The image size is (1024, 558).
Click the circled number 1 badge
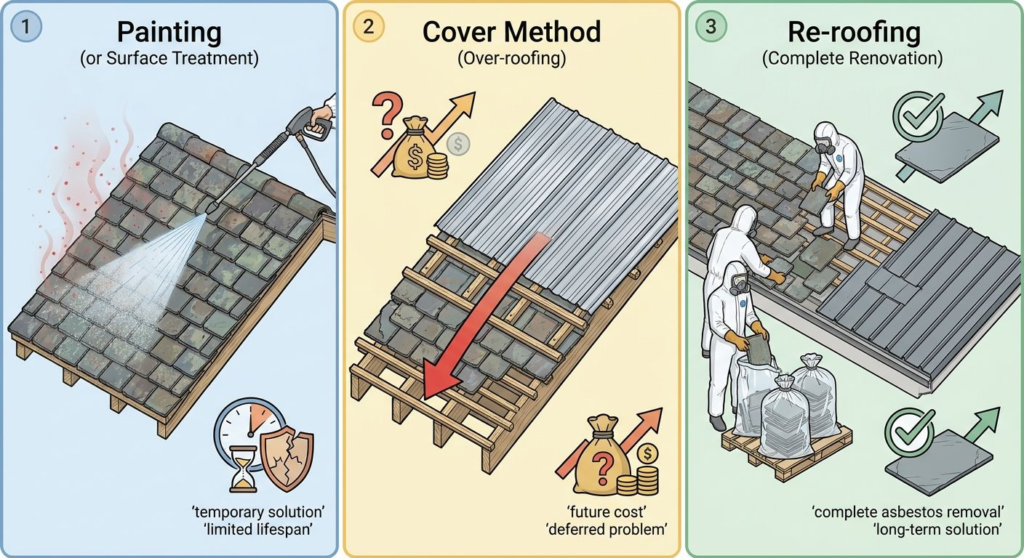tap(25, 26)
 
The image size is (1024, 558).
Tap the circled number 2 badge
tap(369, 26)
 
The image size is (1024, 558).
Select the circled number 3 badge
tap(711, 26)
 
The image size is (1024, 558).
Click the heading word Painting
tap(169, 33)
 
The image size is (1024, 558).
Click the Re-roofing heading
tap(854, 33)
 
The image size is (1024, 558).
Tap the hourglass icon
tap(243, 469)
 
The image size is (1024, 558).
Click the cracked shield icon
tap(287, 458)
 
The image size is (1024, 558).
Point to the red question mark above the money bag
tap(387, 115)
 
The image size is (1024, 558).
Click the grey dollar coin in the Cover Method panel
tap(457, 145)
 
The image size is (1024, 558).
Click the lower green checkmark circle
tap(909, 432)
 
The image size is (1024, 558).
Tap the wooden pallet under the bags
tap(786, 452)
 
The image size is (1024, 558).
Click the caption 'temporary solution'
tap(258, 511)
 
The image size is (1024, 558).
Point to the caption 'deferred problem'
tap(606, 530)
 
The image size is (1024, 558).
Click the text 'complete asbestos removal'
tap(908, 512)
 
